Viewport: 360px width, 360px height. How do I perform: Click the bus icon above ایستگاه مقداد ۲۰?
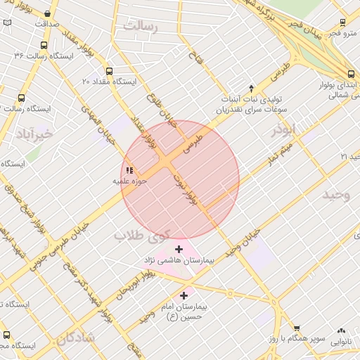pos(108,71)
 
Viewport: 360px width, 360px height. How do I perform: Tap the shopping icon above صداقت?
pos(47,13)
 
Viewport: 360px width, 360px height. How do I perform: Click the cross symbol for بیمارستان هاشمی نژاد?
pos(179,249)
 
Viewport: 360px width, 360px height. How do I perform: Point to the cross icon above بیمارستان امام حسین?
pos(185,296)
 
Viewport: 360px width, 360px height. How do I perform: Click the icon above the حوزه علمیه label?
pos(129,169)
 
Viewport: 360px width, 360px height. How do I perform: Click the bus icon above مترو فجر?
pos(342,22)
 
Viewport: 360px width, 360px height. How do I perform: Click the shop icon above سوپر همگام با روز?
pos(297,328)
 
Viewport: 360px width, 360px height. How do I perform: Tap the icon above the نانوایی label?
pos(342,330)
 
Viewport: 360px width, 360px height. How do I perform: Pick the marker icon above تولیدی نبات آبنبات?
pos(251,87)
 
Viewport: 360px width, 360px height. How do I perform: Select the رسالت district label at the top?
pos(141,26)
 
